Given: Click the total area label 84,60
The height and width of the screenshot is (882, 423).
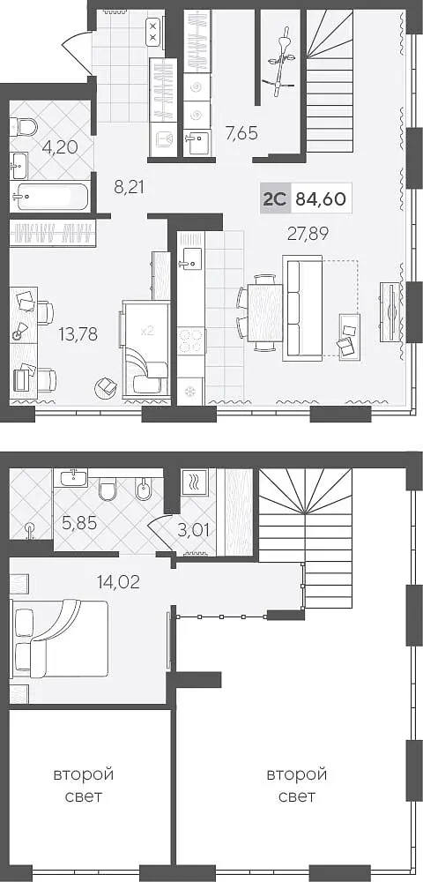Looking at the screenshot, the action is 321,198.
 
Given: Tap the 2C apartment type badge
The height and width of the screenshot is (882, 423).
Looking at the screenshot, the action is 275,198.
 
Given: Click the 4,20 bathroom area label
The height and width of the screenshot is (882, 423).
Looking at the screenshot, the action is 60,147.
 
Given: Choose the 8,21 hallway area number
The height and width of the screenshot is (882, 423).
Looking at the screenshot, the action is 130,187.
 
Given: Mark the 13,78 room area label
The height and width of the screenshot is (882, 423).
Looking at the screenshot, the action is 78,334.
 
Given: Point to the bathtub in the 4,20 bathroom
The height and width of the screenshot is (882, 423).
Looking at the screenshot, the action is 50,197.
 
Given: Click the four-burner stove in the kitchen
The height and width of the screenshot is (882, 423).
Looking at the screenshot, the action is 190,340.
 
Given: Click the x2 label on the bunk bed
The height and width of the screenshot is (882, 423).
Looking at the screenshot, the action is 146,332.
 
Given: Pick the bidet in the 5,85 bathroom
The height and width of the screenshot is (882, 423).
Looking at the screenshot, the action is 144,490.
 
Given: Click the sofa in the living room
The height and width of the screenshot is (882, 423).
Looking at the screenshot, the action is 303,308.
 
